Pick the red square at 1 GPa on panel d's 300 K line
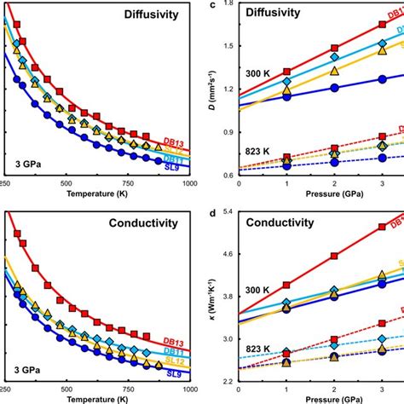click(286, 285)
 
